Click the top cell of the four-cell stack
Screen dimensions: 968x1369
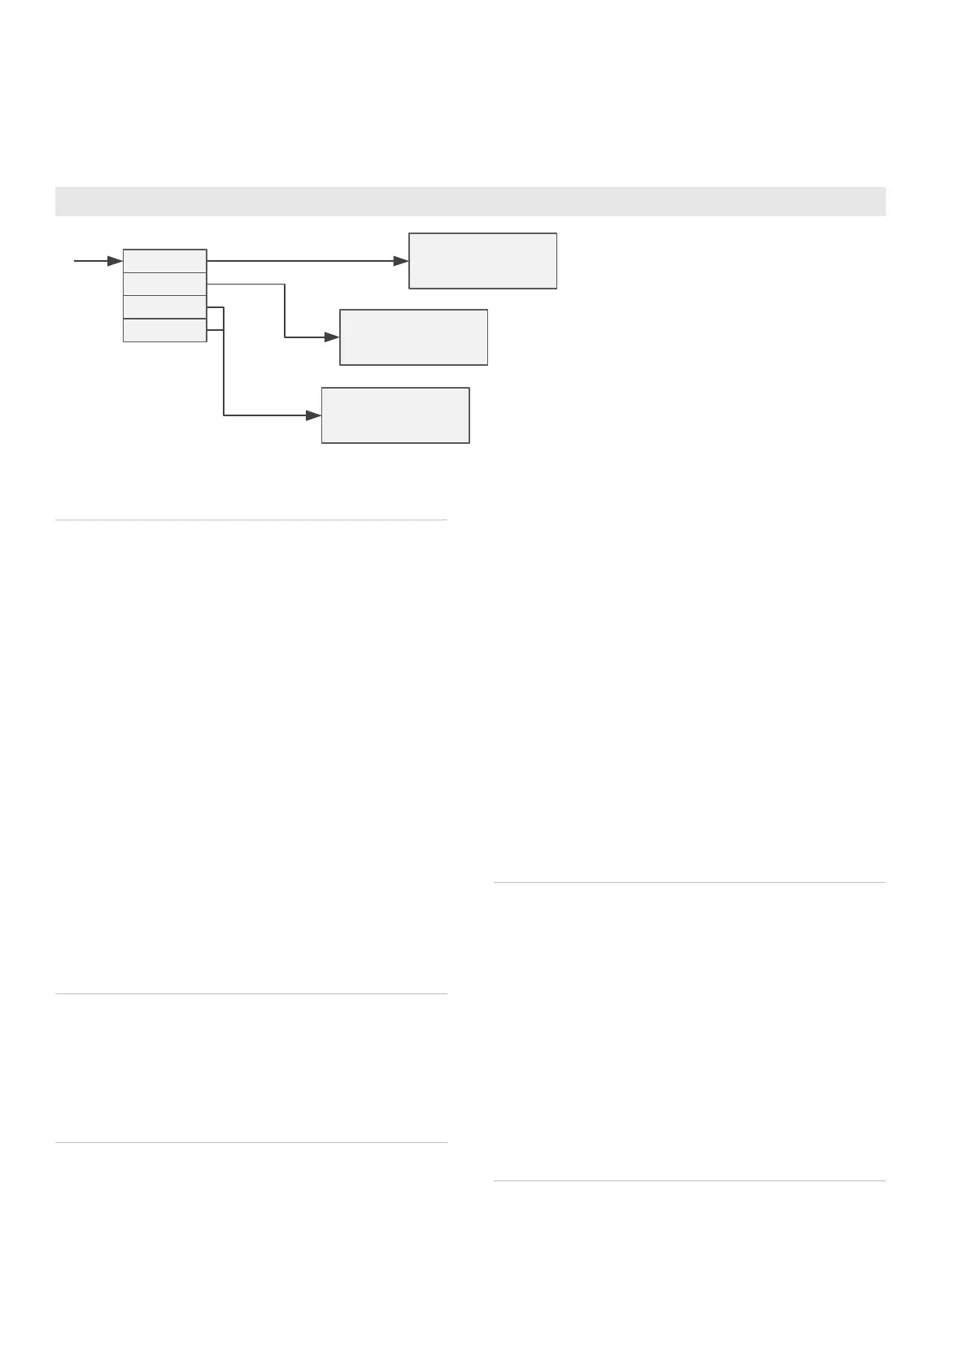(164, 261)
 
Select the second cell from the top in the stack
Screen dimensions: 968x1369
(164, 284)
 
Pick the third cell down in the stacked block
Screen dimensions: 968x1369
(164, 307)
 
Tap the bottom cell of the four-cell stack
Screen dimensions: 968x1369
(164, 330)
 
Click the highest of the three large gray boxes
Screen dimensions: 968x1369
(482, 261)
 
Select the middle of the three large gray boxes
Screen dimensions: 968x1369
(413, 337)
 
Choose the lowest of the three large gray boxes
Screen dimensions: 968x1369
(395, 415)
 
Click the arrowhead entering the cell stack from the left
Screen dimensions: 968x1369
(115, 261)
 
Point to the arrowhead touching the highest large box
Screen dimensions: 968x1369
(400, 261)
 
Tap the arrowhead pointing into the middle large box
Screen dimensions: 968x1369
(331, 337)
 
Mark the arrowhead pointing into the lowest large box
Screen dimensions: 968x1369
(313, 415)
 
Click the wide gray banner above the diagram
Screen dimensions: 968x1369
(470, 202)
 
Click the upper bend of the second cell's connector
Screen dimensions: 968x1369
(285, 285)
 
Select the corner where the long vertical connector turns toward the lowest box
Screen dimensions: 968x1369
(224, 415)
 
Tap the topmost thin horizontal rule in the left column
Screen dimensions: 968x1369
(251, 519)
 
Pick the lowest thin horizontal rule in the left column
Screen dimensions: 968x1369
(251, 1143)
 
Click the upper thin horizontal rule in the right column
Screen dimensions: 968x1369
(689, 882)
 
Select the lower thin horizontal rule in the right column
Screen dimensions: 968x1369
(689, 1180)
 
